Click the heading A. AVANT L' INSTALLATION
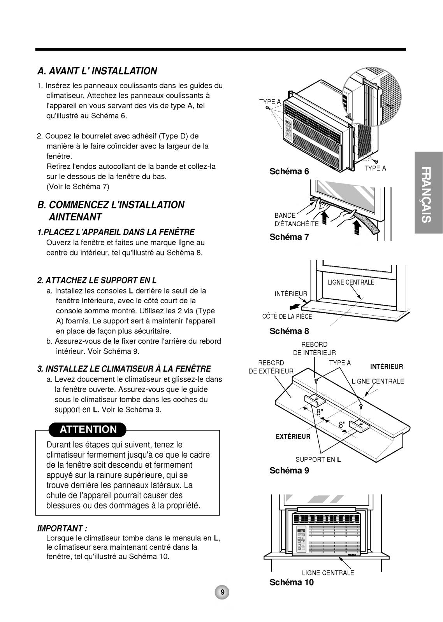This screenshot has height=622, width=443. (x=97, y=71)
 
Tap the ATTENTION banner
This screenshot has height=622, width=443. (x=88, y=430)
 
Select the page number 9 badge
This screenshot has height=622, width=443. (x=222, y=592)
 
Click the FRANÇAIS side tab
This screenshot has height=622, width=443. (x=427, y=194)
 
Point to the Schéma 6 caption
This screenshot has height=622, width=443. (x=289, y=171)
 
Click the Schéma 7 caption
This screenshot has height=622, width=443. (x=289, y=237)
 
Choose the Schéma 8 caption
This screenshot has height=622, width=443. (x=289, y=331)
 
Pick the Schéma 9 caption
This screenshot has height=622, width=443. (x=289, y=471)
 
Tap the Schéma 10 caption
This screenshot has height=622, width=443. (x=292, y=582)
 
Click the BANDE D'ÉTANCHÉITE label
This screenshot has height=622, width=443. (x=296, y=220)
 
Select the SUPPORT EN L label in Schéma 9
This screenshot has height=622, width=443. (x=318, y=460)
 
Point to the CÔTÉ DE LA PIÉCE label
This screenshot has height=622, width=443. (x=287, y=316)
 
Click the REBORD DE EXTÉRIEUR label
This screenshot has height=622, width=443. (x=271, y=367)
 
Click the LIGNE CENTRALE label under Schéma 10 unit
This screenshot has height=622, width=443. (x=328, y=573)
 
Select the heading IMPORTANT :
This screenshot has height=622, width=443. (x=62, y=529)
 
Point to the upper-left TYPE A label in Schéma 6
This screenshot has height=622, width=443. (x=270, y=102)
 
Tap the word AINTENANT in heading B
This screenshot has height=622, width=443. (x=75, y=217)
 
